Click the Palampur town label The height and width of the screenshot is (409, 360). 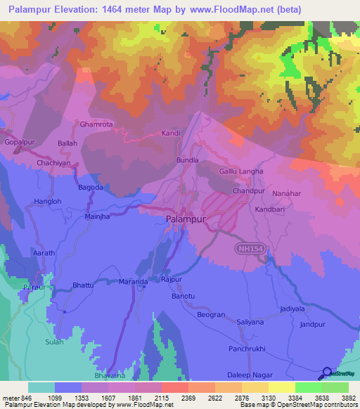(186, 219)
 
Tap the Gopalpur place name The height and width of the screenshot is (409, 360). (20, 142)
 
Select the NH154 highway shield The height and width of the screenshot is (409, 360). (247, 249)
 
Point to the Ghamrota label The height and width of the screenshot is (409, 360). (96, 124)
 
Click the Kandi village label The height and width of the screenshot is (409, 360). (172, 133)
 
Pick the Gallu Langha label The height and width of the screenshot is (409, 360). (241, 171)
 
